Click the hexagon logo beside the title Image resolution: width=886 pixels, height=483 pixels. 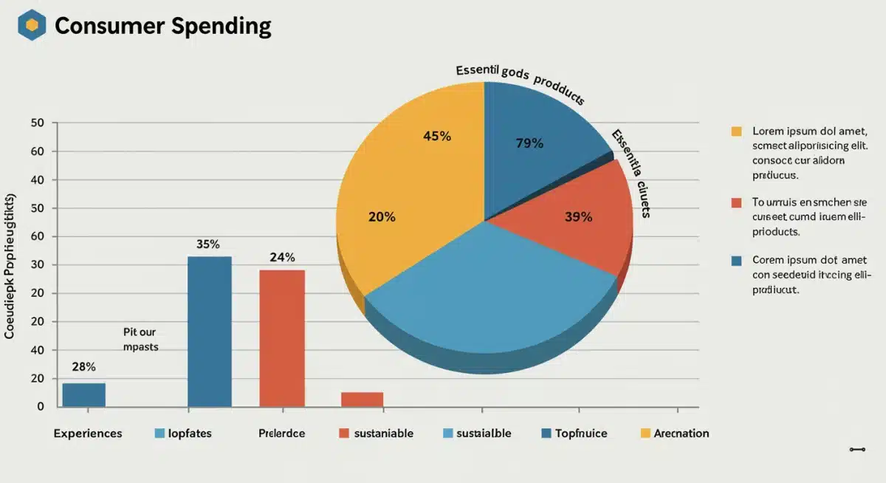pos(32,26)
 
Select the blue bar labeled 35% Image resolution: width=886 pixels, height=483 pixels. pos(209,332)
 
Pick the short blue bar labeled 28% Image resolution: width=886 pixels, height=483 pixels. pos(83,394)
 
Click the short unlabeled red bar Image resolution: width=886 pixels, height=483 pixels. pos(362,399)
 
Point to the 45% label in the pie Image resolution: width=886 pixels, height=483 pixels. pos(437,136)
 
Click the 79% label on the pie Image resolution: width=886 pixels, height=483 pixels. pos(529,143)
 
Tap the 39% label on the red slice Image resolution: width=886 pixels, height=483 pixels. pos(578,217)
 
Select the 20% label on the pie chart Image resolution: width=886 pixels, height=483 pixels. pos(382,217)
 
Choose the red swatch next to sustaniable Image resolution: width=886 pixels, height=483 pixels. pos(343,434)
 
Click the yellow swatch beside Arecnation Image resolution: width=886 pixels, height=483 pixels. pos(645,434)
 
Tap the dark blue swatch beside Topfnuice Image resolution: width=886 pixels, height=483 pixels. pos(546,434)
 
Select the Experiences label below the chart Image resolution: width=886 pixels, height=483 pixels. pos(88,434)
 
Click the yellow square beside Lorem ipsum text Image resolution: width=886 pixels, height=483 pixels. pos(735,131)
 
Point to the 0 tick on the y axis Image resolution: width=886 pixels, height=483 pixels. pos(41,407)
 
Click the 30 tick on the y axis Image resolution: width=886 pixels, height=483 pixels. pos(37,265)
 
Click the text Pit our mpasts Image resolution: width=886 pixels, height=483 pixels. pos(140,339)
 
